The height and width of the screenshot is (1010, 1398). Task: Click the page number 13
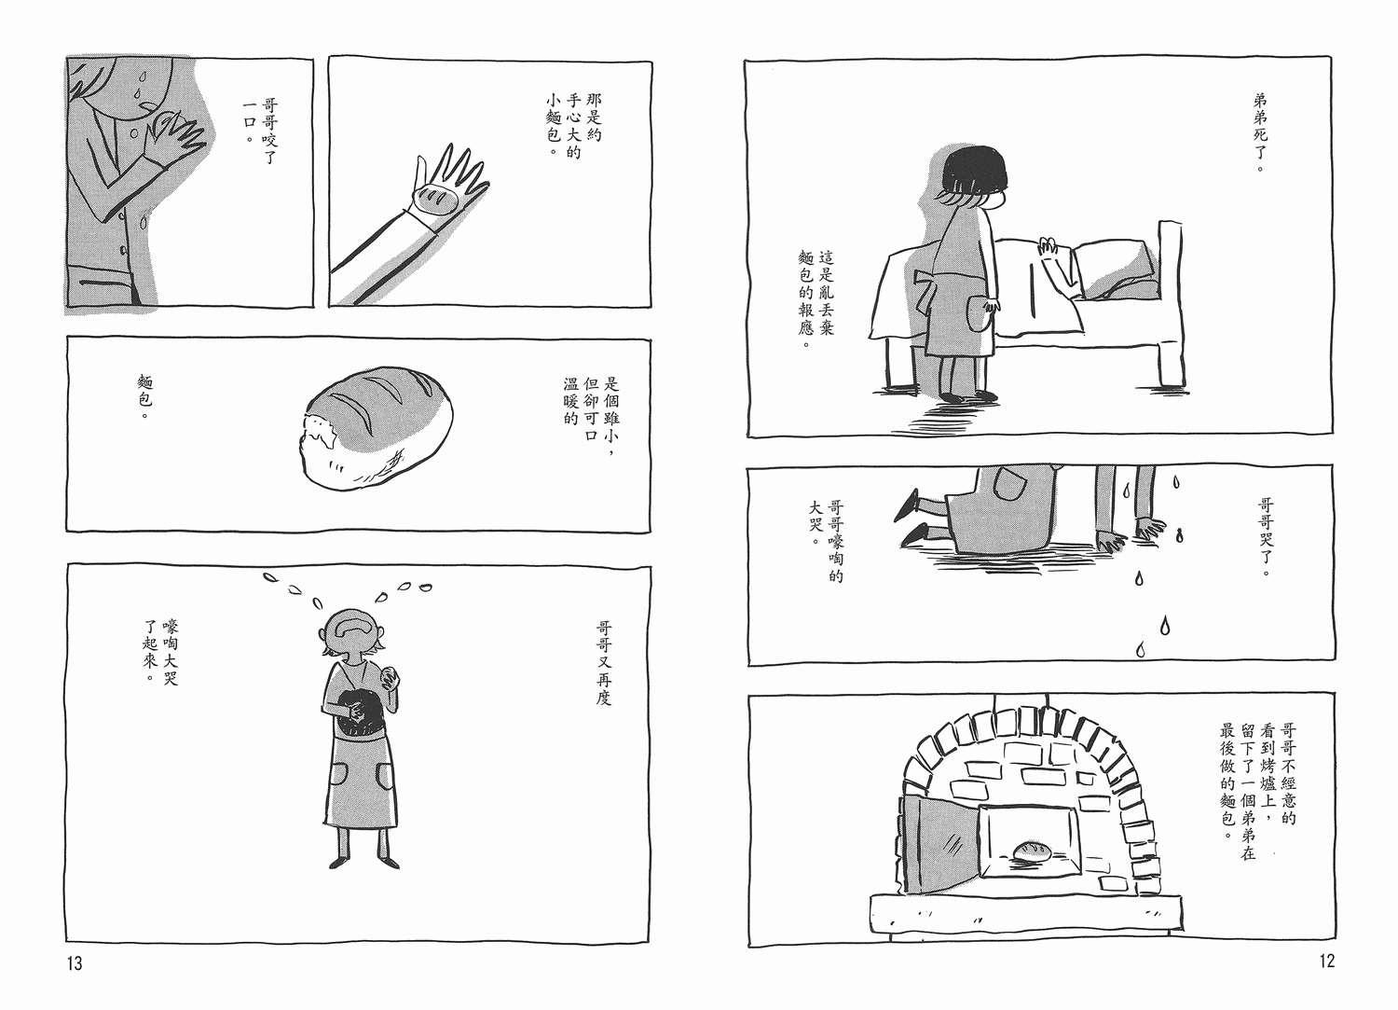pos(75,963)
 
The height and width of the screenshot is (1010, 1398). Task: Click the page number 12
pos(1327,961)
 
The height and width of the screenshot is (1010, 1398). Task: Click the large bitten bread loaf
pos(376,428)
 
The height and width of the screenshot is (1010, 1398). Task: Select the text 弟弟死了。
pos(1260,133)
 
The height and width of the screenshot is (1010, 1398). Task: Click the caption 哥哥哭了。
pos(1266,538)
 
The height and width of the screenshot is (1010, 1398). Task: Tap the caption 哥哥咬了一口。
pos(260,130)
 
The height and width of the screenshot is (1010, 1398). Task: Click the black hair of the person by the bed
pos(974,173)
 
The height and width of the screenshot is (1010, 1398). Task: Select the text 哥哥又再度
pos(604,662)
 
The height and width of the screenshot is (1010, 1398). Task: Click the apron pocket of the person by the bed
pos(979,315)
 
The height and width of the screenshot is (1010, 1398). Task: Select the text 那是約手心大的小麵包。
pos(573,134)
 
